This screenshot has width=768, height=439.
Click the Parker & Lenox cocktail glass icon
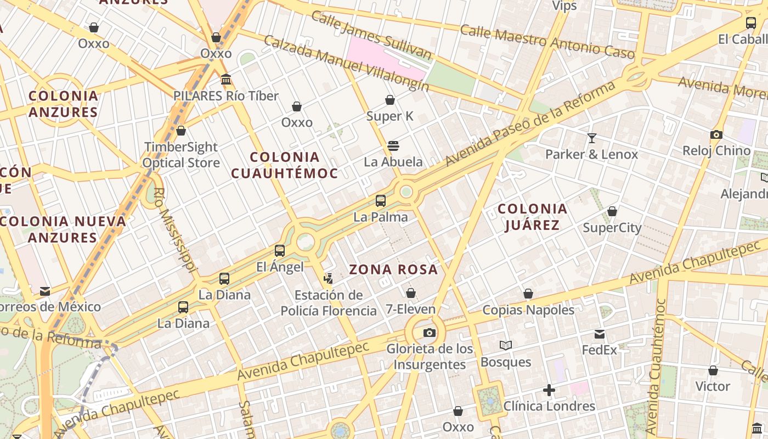592,138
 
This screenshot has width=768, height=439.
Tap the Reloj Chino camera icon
716,134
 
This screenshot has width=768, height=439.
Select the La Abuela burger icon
393,146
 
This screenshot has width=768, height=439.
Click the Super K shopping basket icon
390,100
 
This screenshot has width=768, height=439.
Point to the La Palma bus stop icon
381,201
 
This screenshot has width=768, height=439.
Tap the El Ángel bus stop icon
280,251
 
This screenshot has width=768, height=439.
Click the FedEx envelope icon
600,334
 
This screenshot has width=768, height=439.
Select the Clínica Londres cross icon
549,390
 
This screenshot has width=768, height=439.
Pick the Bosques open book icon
506,346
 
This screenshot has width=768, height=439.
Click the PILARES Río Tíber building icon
226,80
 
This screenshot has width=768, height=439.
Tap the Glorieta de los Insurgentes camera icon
430,333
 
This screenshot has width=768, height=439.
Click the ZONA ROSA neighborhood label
393,269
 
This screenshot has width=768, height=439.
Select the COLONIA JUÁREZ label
532,217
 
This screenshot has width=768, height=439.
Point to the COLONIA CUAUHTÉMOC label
284,165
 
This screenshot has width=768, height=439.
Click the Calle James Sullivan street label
371,35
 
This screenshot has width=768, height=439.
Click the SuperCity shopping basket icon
612,211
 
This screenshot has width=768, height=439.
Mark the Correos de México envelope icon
45,291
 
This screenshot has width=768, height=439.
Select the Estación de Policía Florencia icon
329,279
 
